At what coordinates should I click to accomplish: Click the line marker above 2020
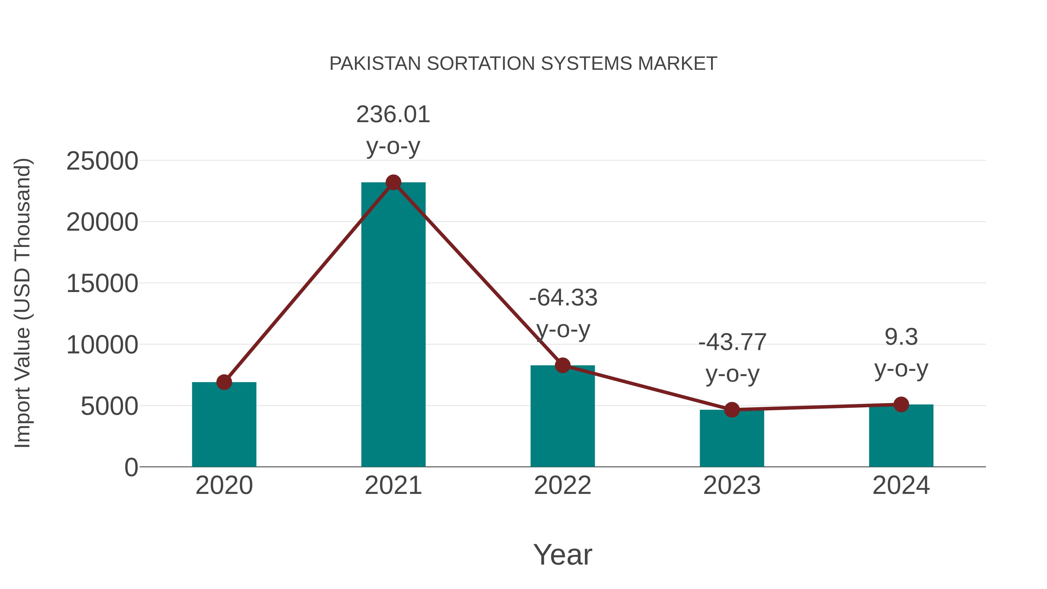[224, 382]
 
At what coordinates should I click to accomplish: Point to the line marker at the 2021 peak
[393, 182]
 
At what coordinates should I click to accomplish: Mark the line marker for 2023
[732, 410]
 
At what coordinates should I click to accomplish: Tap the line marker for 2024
[901, 405]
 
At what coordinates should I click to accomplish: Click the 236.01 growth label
[393, 115]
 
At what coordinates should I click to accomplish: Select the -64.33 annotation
[563, 298]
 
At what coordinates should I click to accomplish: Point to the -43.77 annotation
[732, 342]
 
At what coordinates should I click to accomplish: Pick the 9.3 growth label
[901, 337]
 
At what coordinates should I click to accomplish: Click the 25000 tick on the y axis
[102, 161]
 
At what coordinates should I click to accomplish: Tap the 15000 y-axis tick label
[102, 283]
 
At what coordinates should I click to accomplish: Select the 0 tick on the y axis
[131, 467]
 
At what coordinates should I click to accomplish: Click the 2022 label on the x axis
[562, 485]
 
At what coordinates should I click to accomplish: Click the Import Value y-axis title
[22, 303]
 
